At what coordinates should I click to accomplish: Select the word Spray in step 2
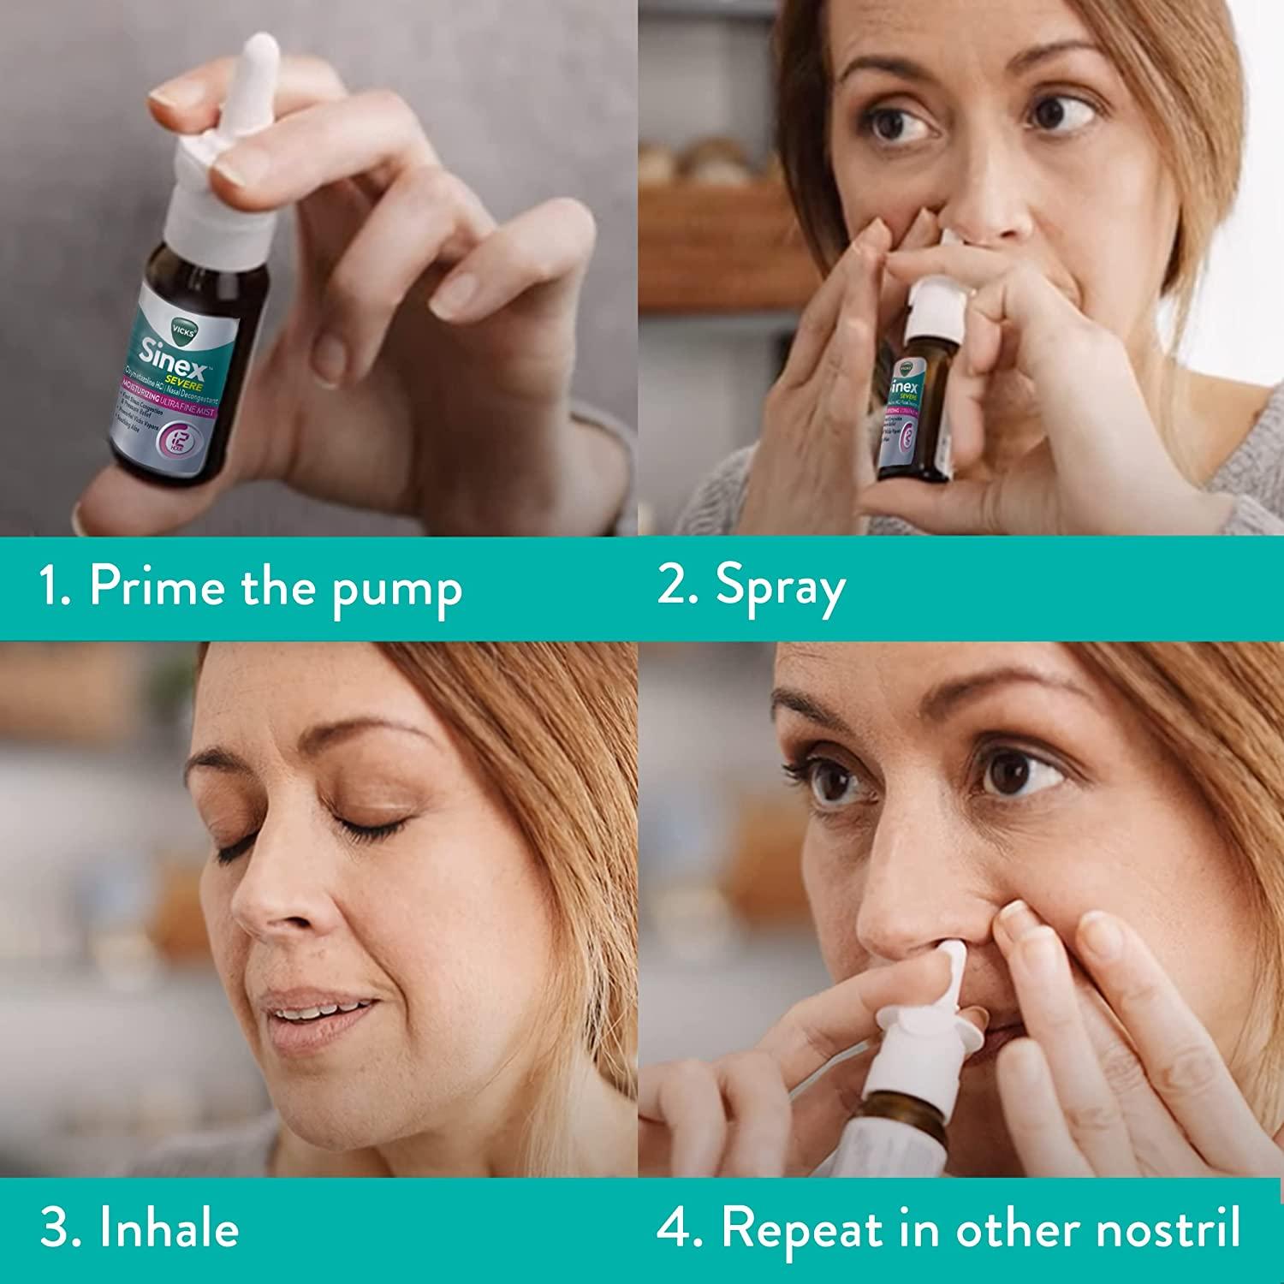tap(780, 589)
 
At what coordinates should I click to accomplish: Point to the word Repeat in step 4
tap(801, 1231)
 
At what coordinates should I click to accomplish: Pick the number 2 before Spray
tap(673, 587)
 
